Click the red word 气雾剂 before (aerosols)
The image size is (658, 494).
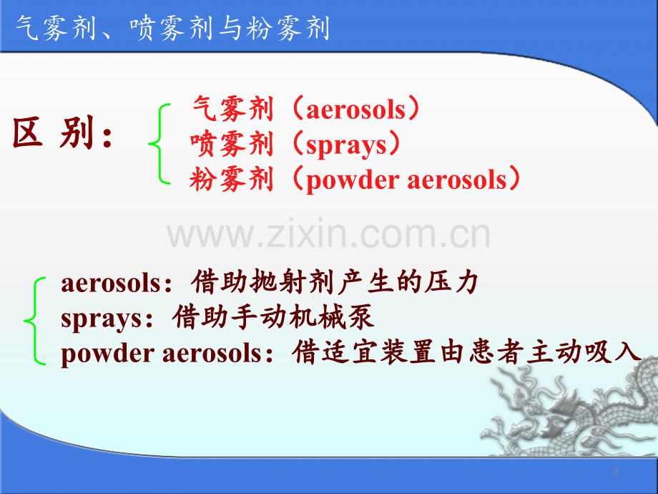233,109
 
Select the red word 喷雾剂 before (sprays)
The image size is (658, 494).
232,144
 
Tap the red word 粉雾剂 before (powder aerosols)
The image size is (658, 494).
232,180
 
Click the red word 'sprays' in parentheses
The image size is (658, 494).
345,146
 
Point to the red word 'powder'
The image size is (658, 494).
353,180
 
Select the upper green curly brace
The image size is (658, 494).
159,144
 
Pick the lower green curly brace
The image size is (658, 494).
34,321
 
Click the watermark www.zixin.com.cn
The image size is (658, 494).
328,234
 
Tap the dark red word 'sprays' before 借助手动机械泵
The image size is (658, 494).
101,319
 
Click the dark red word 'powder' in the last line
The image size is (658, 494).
107,354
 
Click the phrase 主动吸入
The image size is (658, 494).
584,352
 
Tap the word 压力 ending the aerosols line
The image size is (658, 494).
451,281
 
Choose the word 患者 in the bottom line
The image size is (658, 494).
496,352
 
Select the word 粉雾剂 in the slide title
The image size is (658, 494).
288,28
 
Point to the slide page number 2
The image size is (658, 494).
616,471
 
